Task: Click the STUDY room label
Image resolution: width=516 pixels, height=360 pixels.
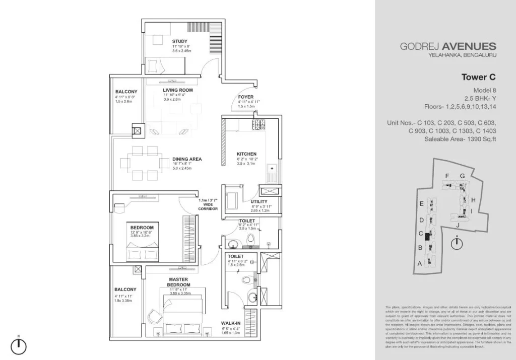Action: coord(180,41)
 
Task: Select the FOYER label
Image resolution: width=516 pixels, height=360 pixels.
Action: coord(245,97)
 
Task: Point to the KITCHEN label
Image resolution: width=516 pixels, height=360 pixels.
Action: coord(247,154)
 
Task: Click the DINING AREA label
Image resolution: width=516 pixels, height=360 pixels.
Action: coord(187,159)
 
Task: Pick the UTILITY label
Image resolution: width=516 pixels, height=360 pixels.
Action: coord(259,202)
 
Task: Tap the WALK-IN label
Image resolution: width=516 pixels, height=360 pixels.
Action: coord(230,324)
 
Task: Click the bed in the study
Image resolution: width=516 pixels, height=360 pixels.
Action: coord(166,66)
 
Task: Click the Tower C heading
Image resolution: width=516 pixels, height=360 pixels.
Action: coord(479,78)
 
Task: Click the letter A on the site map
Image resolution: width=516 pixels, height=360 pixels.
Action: coord(419,263)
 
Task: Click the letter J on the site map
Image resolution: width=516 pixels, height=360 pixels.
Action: coord(458,225)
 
